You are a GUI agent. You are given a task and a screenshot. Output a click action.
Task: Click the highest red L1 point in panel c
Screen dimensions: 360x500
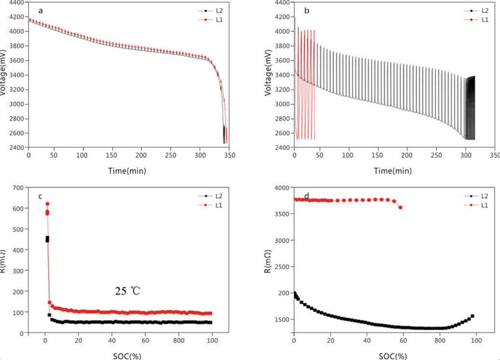point(47,204)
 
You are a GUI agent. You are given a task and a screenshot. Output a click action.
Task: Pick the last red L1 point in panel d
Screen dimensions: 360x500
point(400,207)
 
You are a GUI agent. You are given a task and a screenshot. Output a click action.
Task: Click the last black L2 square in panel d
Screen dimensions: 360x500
point(472,316)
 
